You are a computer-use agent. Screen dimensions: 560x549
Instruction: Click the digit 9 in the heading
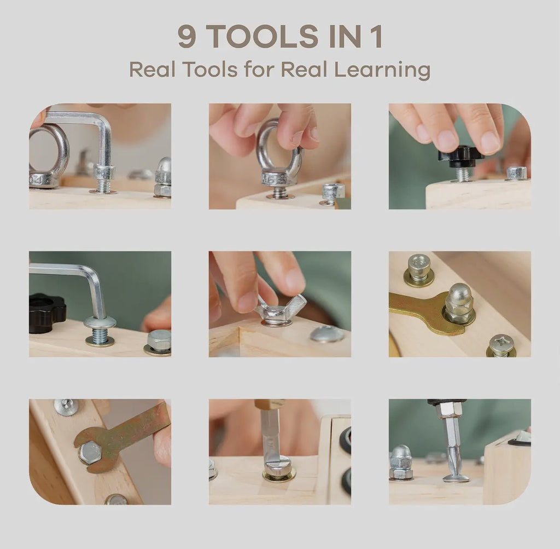tap(186, 36)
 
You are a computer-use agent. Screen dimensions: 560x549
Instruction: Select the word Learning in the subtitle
tap(382, 70)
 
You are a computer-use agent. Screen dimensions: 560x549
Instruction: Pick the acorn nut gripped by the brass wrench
tap(459, 304)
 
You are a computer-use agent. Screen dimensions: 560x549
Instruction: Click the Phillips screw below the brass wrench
tap(501, 345)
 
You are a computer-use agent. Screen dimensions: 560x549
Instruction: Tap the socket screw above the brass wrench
tap(419, 268)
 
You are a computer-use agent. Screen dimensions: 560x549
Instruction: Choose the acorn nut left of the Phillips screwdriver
tap(401, 462)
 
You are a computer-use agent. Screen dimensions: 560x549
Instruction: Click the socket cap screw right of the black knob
tap(516, 173)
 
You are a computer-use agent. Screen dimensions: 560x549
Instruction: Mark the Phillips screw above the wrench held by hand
tap(66, 406)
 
